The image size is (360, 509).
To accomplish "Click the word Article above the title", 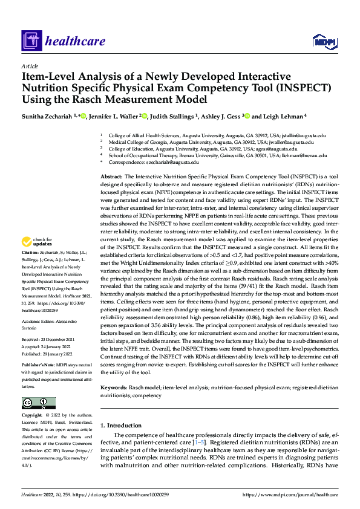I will coord(30,66).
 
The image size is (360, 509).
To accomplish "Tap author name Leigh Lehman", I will coord(280,116).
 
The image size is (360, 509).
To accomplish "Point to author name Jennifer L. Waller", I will coord(114,116).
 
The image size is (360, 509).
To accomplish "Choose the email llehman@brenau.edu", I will coord(302,155).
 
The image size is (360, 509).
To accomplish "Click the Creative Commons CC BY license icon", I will coord(38,403).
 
